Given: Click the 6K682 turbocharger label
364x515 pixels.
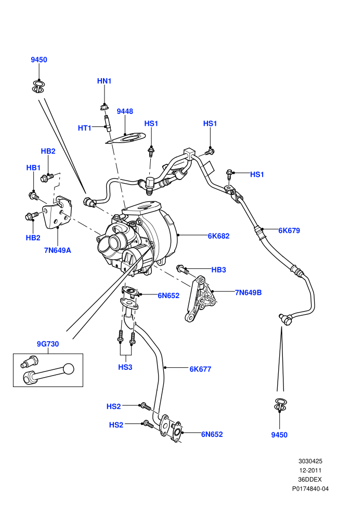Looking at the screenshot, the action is (x=218, y=236).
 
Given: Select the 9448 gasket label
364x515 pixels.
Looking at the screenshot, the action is (x=125, y=111).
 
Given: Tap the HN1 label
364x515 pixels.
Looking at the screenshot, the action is (x=104, y=81).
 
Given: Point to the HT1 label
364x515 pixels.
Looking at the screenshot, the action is (x=84, y=128).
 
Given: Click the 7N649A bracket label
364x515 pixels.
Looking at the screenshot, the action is (x=57, y=250).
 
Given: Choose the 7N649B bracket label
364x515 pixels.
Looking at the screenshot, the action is (x=248, y=292).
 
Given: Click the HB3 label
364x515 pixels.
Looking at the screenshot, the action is (x=218, y=269).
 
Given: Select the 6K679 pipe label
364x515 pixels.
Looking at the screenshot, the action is (x=289, y=230).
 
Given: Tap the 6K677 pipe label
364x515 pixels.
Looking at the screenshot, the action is (x=200, y=369).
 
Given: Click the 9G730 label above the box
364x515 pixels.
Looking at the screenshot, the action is (x=48, y=344).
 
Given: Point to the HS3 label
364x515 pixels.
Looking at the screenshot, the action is (x=125, y=367).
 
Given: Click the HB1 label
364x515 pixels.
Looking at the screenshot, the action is (x=33, y=168).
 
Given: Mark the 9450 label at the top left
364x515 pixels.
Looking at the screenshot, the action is (x=39, y=60).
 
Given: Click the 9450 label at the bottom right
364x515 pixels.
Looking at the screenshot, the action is (x=279, y=435).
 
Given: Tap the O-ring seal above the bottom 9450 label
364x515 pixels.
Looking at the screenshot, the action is (x=280, y=405).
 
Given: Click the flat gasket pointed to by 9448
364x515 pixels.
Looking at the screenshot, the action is (x=125, y=138).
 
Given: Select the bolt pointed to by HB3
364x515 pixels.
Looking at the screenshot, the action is (x=183, y=269).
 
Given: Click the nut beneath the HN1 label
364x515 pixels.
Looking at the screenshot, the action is (x=103, y=107).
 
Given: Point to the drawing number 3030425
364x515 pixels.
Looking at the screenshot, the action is (x=310, y=461).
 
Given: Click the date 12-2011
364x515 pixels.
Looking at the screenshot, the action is (x=310, y=470).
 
